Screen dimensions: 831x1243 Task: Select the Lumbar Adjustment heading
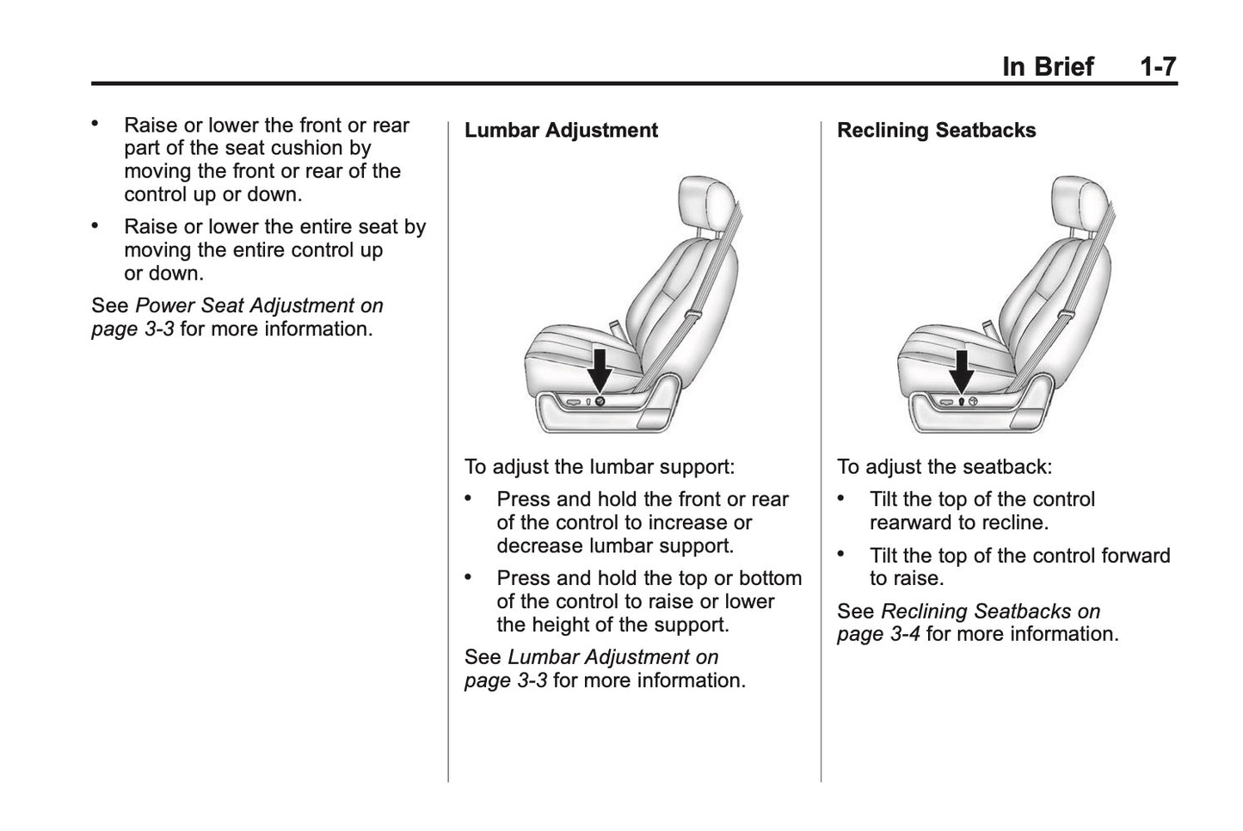click(x=561, y=130)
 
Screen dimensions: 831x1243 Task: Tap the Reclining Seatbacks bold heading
click(x=936, y=130)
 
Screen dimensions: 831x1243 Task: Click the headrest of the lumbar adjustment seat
click(x=707, y=201)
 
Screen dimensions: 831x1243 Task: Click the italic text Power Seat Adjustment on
click(x=259, y=305)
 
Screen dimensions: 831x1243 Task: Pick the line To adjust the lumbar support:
click(x=600, y=467)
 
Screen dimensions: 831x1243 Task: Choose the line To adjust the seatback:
click(x=944, y=467)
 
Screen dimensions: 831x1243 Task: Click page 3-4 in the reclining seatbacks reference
click(x=878, y=634)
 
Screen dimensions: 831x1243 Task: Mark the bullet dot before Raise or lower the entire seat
click(x=96, y=225)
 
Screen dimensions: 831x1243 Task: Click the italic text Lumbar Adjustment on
click(x=612, y=657)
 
